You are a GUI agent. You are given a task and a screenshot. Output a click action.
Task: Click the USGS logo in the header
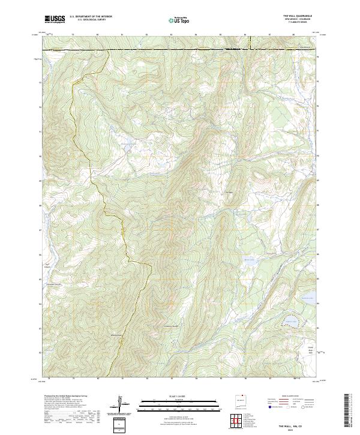(x=55, y=20)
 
